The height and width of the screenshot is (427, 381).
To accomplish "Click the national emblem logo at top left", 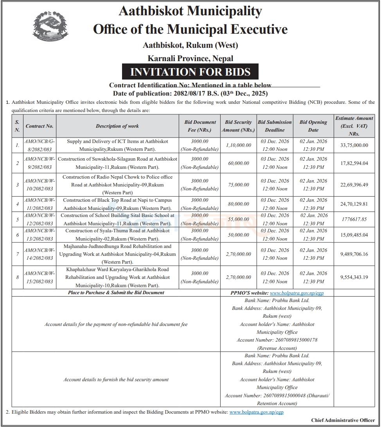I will pos(50,26).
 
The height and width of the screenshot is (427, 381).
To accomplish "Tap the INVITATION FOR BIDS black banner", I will pos(190,72).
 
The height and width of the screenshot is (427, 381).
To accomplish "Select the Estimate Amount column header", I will pos(354,126).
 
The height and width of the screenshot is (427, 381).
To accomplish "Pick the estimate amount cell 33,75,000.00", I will pos(354,145).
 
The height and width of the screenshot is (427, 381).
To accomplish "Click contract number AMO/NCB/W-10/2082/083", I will pos(39,185).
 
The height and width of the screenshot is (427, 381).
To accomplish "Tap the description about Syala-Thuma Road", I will pos(117,235).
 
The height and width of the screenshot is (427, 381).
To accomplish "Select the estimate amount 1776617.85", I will pos(354,219).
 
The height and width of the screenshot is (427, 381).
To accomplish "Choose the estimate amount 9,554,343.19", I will pos(354,277).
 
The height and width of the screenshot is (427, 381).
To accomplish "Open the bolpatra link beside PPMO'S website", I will pos(297,293).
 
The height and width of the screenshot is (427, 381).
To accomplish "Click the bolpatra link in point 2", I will pos(256,412).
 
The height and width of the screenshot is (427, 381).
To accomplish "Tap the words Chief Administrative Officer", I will pos(343,420).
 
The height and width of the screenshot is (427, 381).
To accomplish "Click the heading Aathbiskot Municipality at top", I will pos(190,11).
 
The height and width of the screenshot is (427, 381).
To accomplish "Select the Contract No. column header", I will pos(39,126).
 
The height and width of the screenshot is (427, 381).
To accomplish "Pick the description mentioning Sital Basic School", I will pos(117,219).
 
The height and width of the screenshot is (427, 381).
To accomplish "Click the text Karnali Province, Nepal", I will pos(190,58).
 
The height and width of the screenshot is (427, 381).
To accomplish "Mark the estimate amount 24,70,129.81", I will pos(354,204).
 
